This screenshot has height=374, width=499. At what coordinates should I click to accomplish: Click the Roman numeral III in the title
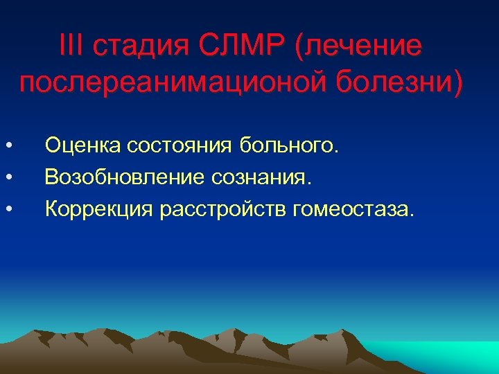pyautogui.click(x=71, y=47)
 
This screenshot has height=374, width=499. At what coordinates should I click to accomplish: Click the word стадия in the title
pyautogui.click(x=135, y=48)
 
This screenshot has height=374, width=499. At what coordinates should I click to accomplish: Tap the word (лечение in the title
pyautogui.click(x=358, y=48)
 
